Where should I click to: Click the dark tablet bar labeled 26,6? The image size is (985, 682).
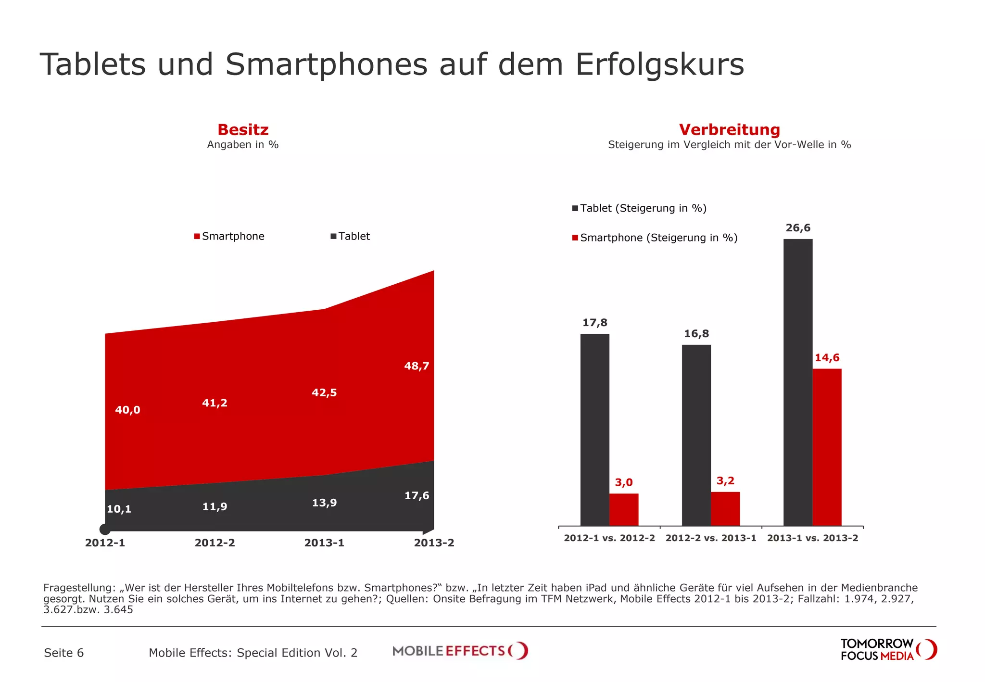797,382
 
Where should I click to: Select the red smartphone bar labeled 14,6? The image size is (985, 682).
827,447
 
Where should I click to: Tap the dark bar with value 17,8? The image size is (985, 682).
594,429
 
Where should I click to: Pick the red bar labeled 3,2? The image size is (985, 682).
725,508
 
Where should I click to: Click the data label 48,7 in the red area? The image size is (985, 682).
417,366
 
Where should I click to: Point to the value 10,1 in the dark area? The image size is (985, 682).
119,509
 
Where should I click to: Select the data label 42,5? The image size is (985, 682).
324,392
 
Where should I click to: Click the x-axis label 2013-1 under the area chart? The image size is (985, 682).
324,543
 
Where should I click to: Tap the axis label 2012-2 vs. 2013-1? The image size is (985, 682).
711,538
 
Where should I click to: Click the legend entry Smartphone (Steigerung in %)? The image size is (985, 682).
655,238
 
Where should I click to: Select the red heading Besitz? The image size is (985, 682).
243,129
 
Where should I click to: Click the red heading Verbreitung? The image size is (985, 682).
729,129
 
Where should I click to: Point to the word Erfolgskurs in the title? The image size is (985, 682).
659,64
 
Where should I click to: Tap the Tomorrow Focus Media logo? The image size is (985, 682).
888,650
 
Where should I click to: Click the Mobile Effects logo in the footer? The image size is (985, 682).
460,651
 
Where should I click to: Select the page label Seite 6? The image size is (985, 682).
63,653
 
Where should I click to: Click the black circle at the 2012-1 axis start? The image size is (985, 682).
105,529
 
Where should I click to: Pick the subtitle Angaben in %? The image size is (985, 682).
243,145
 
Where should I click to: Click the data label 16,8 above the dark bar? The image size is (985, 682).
696,334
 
